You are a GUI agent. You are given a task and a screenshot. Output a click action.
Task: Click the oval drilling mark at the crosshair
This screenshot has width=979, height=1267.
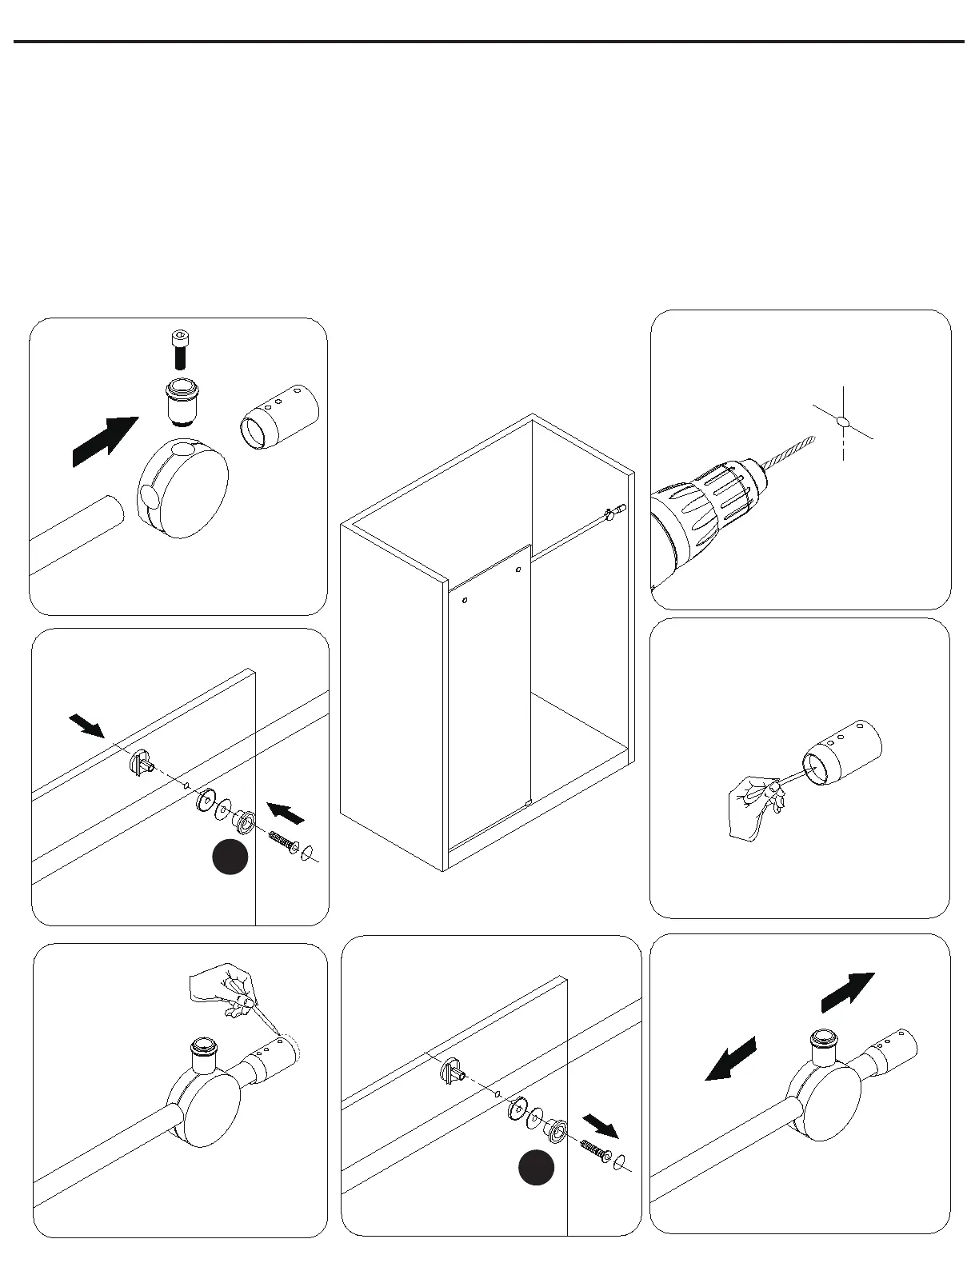coord(841,421)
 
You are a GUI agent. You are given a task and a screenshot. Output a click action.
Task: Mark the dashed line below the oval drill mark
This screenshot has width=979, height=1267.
coord(843,445)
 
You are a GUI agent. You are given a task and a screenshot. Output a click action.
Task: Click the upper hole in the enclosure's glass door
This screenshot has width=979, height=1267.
coord(518,570)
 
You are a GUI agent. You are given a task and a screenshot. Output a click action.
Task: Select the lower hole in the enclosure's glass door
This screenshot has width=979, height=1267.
coord(465,599)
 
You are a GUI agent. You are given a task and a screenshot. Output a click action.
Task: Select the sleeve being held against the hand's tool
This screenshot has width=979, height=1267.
coord(844,752)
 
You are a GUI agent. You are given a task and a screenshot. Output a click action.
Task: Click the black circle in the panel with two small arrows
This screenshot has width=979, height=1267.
coord(230,857)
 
